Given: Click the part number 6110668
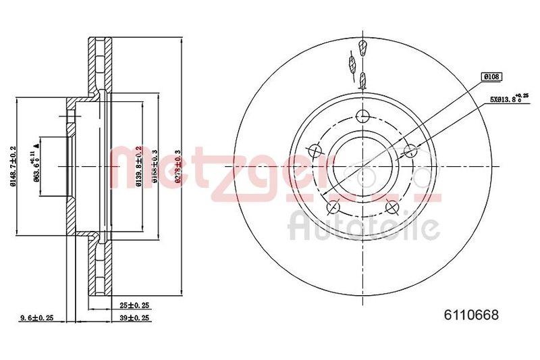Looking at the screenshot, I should (470, 315).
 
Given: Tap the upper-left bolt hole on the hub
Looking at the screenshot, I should (314, 150).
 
